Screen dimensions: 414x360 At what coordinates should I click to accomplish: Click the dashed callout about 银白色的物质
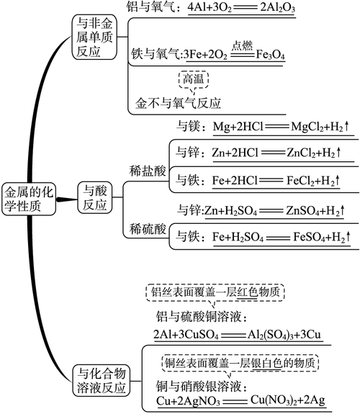[240, 360]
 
